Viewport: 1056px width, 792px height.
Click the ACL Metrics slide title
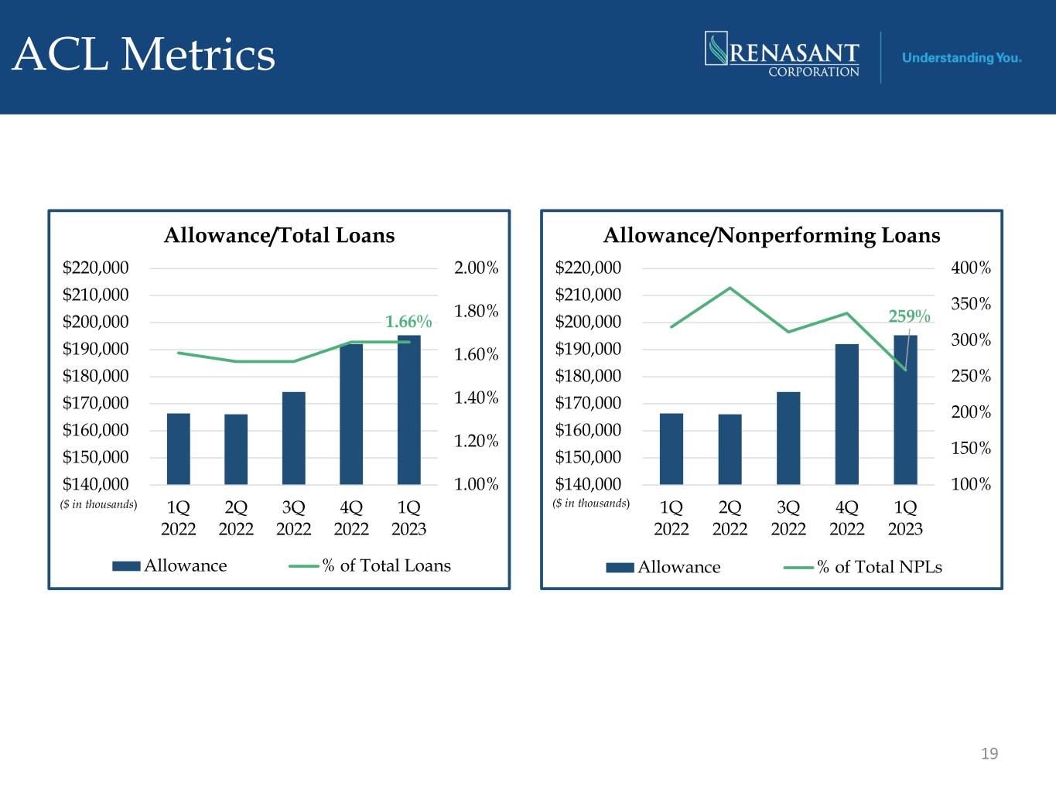pos(143,55)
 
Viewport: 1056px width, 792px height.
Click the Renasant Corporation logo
pos(782,54)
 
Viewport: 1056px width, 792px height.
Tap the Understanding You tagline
pos(961,58)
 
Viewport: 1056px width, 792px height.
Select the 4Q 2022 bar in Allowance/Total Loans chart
pos(351,414)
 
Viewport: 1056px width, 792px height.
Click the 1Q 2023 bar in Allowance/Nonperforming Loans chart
pos(905,410)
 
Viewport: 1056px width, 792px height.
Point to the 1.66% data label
pos(408,321)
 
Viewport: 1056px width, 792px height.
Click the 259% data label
pos(909,316)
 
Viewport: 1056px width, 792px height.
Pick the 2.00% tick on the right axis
pos(477,268)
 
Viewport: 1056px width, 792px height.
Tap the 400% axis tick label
pos(971,268)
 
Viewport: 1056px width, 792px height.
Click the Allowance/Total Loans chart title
pos(279,235)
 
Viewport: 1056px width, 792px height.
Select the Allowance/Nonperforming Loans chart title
pos(771,236)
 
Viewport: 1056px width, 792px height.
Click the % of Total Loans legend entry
pos(370,565)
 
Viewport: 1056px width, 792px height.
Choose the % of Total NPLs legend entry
pos(863,567)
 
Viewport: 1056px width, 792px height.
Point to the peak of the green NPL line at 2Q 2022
pos(730,288)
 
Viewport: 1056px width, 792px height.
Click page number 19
pos(989,753)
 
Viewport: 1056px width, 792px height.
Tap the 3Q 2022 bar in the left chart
pos(293,438)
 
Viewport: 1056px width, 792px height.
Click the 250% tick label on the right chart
pos(971,376)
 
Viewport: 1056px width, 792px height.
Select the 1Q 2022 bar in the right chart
pos(672,449)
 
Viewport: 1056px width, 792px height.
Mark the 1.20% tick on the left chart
pos(477,441)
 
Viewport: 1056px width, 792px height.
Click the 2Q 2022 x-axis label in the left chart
pos(236,518)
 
